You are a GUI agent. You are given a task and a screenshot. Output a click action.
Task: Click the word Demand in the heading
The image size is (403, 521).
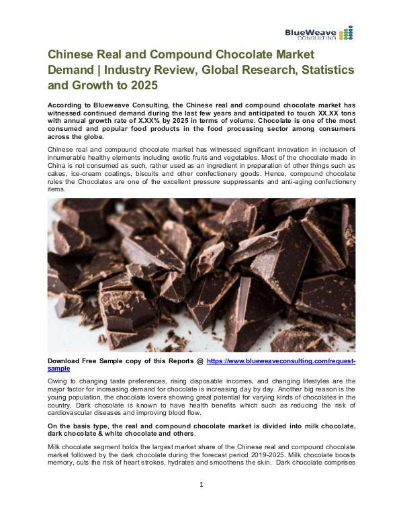click(x=73, y=70)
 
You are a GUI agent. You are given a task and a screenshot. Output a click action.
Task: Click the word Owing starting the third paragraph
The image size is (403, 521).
click(x=59, y=381)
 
